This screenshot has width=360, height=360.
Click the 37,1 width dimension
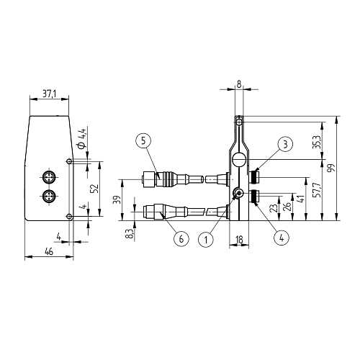[48, 94]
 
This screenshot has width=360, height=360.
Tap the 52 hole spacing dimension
[94, 188]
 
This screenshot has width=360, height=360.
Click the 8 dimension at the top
[239, 84]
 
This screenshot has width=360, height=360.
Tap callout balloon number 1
[207, 237]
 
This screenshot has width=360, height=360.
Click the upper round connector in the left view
[49, 177]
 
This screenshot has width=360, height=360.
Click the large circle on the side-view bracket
[238, 160]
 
